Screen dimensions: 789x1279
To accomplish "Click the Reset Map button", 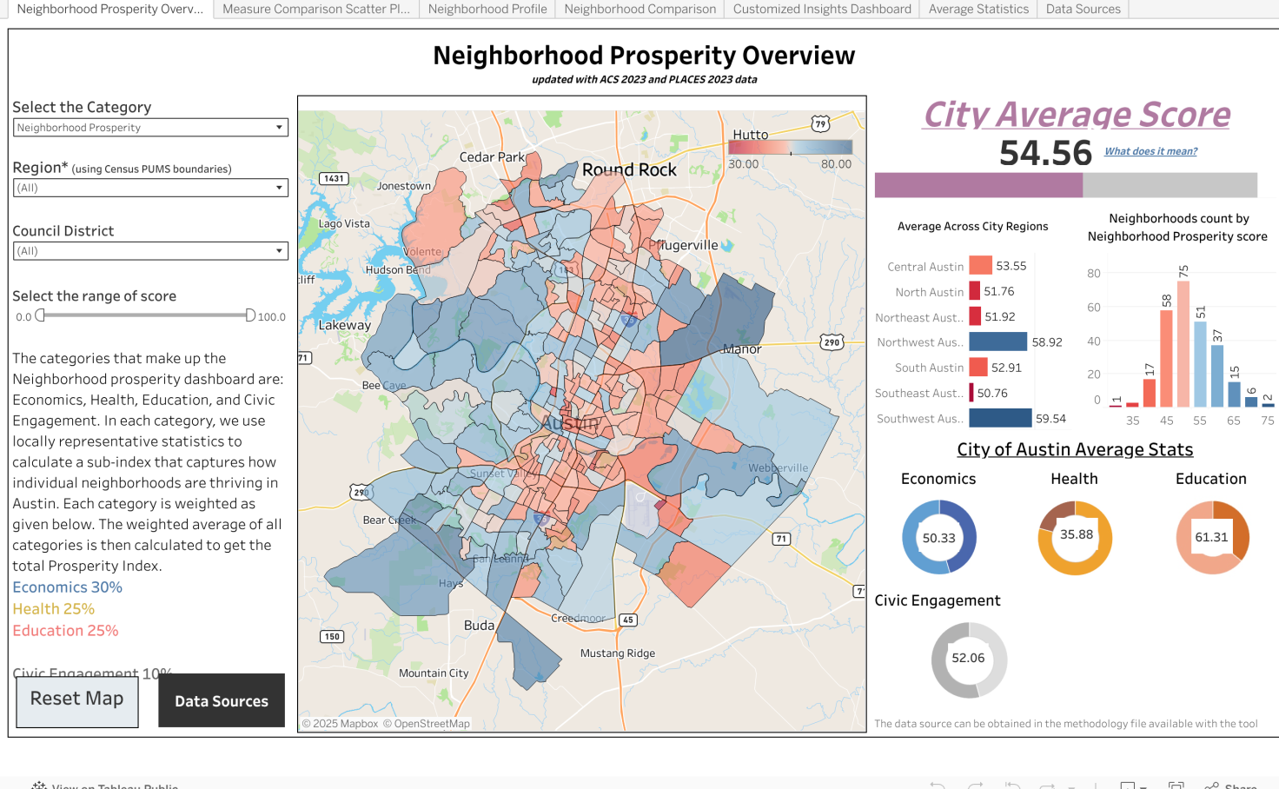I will tap(77, 700).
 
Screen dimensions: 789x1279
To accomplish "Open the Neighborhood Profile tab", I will tap(487, 9).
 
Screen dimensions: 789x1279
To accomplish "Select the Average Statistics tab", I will tap(978, 9).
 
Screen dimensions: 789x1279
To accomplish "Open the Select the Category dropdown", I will tap(150, 128).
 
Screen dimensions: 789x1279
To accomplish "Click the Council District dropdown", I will tap(150, 251).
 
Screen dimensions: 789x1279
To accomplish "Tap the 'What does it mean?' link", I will tap(1150, 151).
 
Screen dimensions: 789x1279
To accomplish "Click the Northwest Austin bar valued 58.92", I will tap(998, 342).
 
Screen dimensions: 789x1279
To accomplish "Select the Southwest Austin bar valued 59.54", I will tap(1000, 418).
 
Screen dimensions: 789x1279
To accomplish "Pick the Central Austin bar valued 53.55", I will tap(981, 266).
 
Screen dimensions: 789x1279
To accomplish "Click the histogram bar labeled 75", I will tap(1183, 344).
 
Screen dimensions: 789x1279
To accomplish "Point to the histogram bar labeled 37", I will tap(1216, 375).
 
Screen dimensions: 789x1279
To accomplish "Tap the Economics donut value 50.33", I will tap(938, 538).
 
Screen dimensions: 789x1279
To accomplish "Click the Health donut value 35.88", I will tap(1076, 535).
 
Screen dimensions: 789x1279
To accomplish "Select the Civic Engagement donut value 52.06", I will tap(968, 659).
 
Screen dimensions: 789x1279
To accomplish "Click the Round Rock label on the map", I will tap(629, 170).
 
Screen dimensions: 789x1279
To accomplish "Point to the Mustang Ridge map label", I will tap(618, 653).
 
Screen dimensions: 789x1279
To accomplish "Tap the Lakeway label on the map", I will tap(344, 325).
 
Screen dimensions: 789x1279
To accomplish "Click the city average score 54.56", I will tap(1045, 153).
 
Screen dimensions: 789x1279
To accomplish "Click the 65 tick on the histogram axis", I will tap(1233, 421).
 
